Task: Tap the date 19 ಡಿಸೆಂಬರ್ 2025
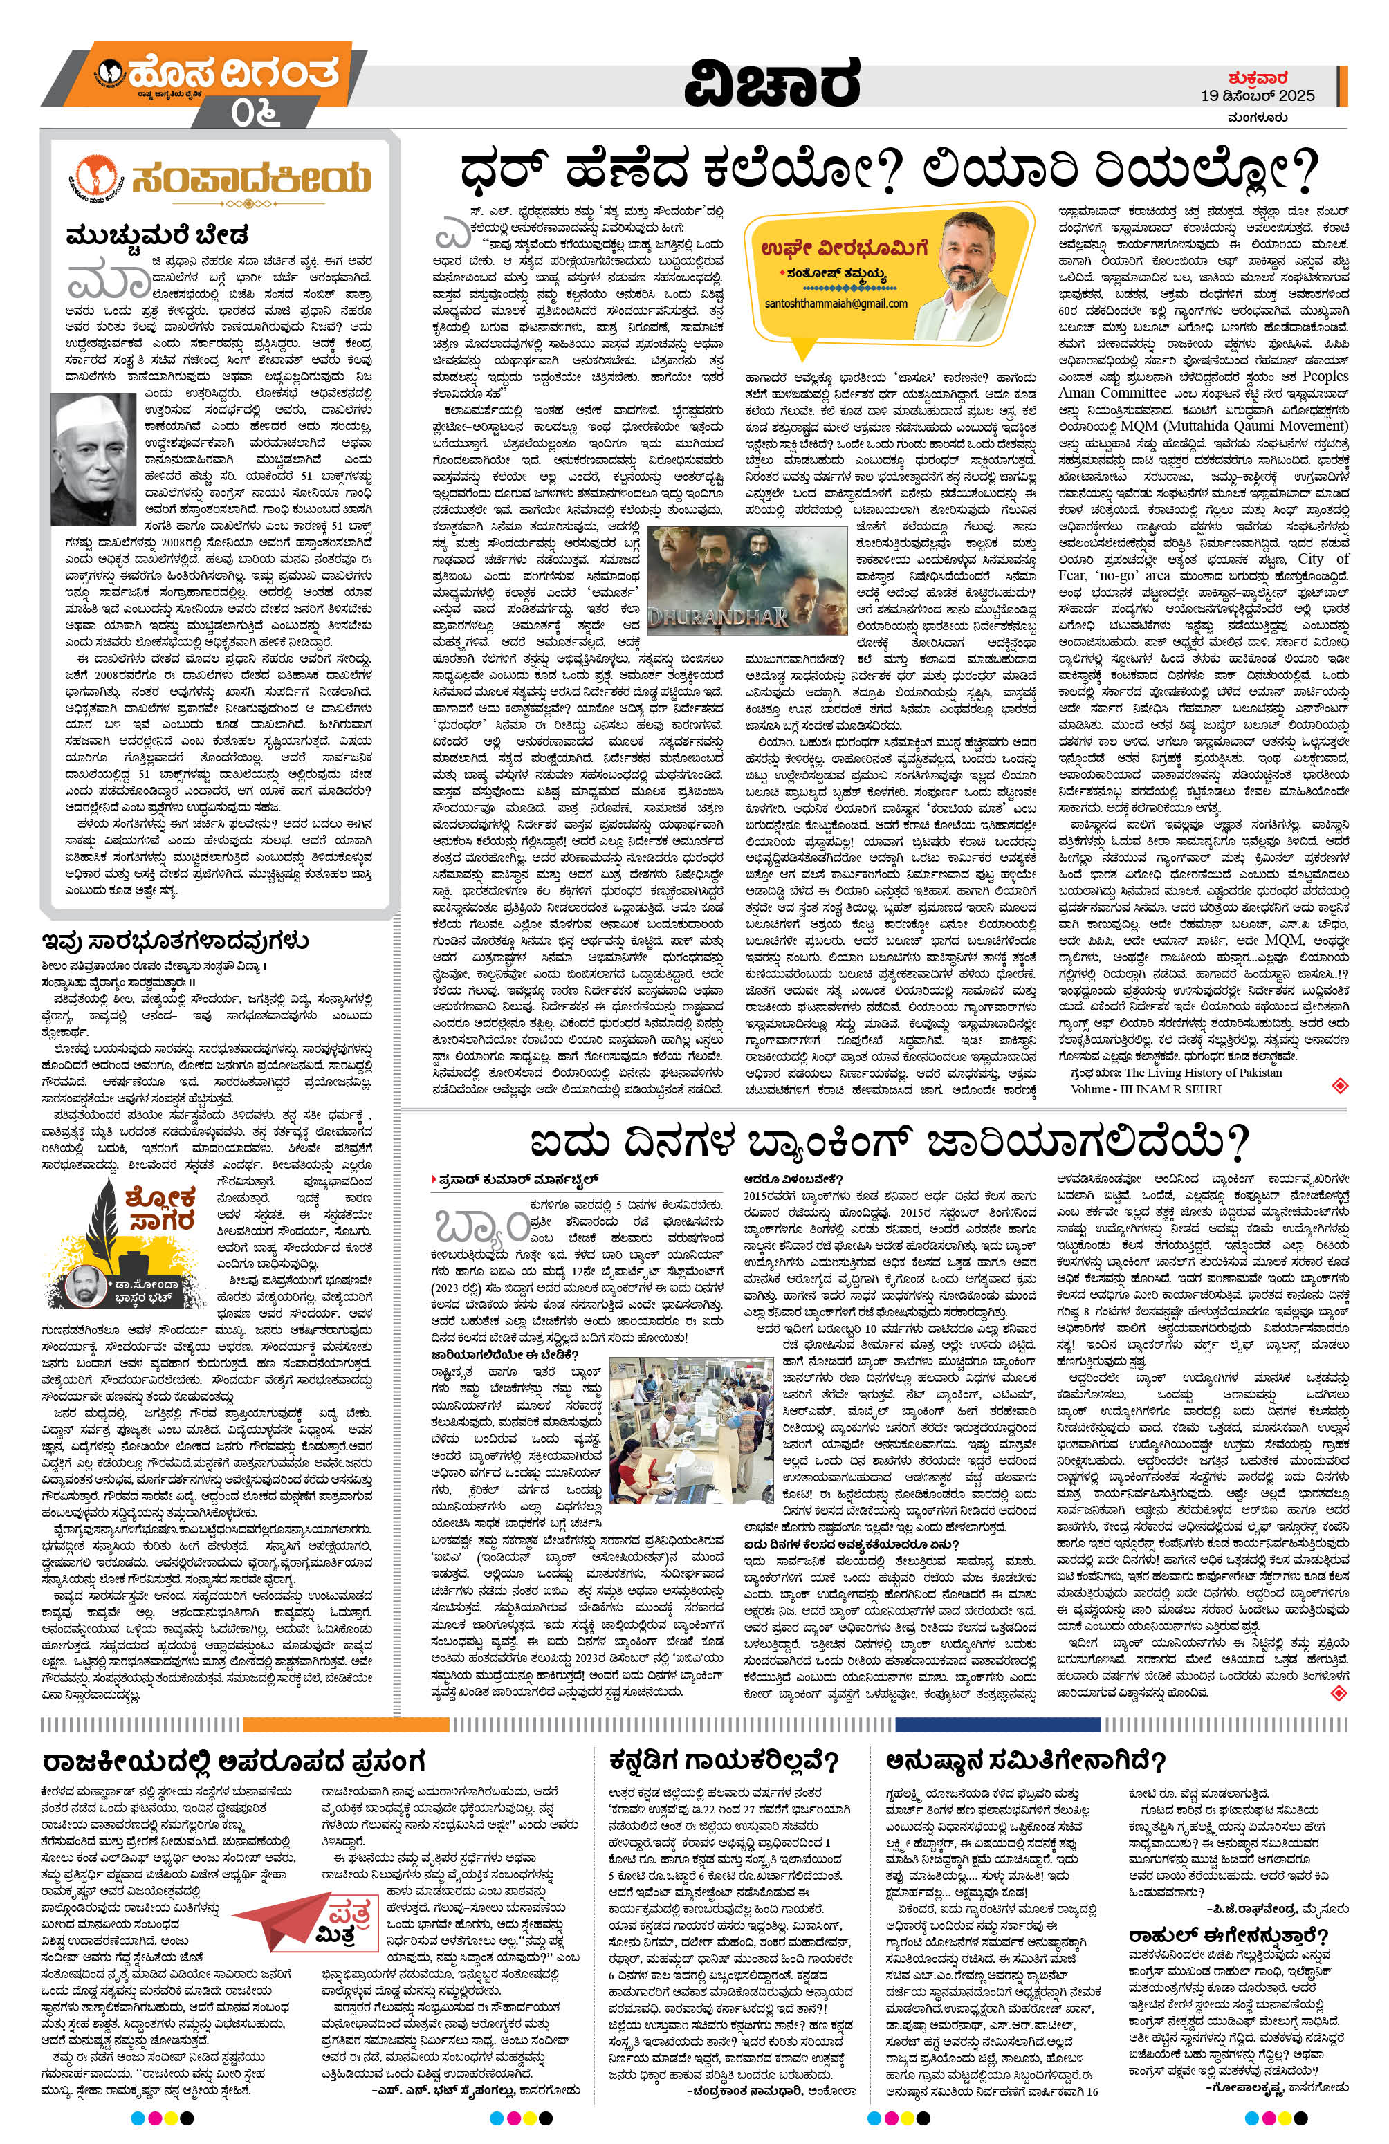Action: point(1258,95)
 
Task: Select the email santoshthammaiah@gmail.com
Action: point(834,304)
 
